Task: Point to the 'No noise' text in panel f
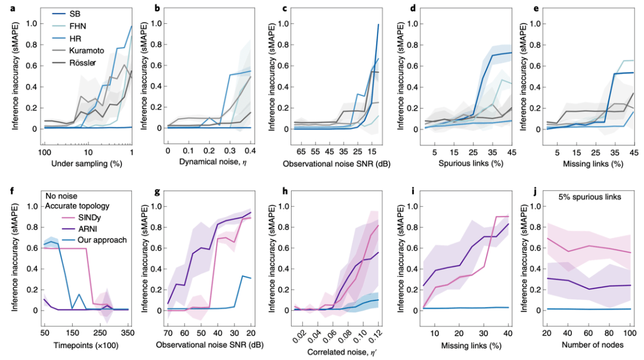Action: [x=61, y=196]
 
